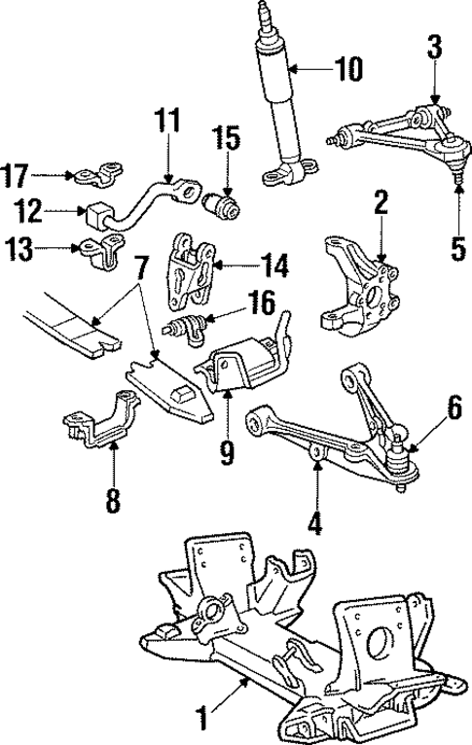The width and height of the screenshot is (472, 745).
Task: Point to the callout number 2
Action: (x=381, y=202)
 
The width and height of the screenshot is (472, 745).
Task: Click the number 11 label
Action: (x=167, y=124)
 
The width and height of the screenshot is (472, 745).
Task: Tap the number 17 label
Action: (x=17, y=176)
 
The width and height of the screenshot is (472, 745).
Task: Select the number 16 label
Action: (x=261, y=304)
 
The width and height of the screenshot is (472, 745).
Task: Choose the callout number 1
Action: (x=203, y=721)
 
